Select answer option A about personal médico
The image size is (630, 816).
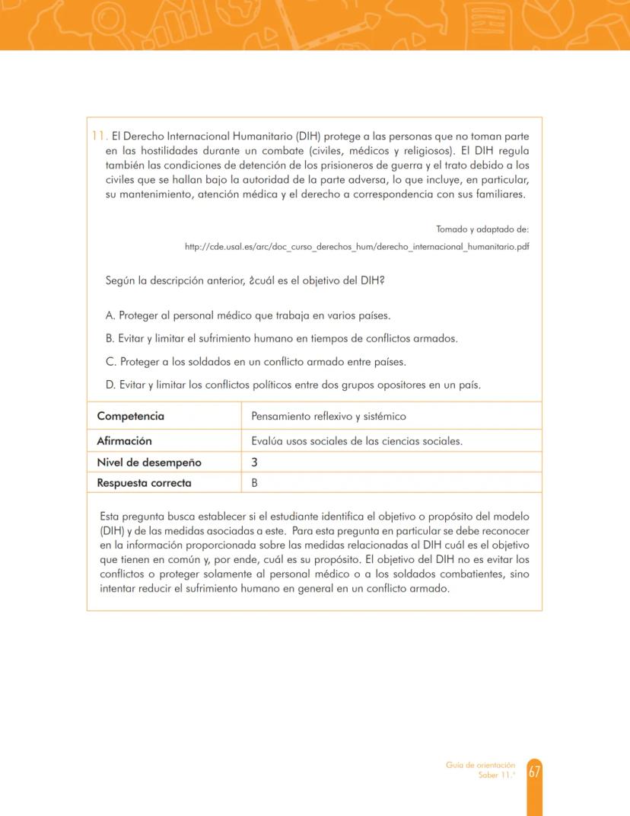coord(248,315)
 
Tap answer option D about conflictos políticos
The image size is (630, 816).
coord(293,384)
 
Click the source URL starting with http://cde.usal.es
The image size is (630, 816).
coord(357,248)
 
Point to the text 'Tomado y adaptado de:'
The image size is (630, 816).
coord(482,229)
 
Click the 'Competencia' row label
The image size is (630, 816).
coord(130,416)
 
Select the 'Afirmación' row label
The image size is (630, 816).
coord(124,441)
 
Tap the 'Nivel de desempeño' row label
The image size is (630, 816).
coord(149,462)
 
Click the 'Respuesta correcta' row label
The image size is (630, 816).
coord(144,482)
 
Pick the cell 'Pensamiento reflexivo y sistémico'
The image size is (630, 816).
coord(329,416)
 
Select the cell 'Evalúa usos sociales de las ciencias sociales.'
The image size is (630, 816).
coord(357,441)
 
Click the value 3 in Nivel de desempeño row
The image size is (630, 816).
coord(254,462)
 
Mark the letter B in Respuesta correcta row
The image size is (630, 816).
coord(254,482)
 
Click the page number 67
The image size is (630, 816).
coord(534,772)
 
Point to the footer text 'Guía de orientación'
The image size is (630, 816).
coord(480,765)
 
